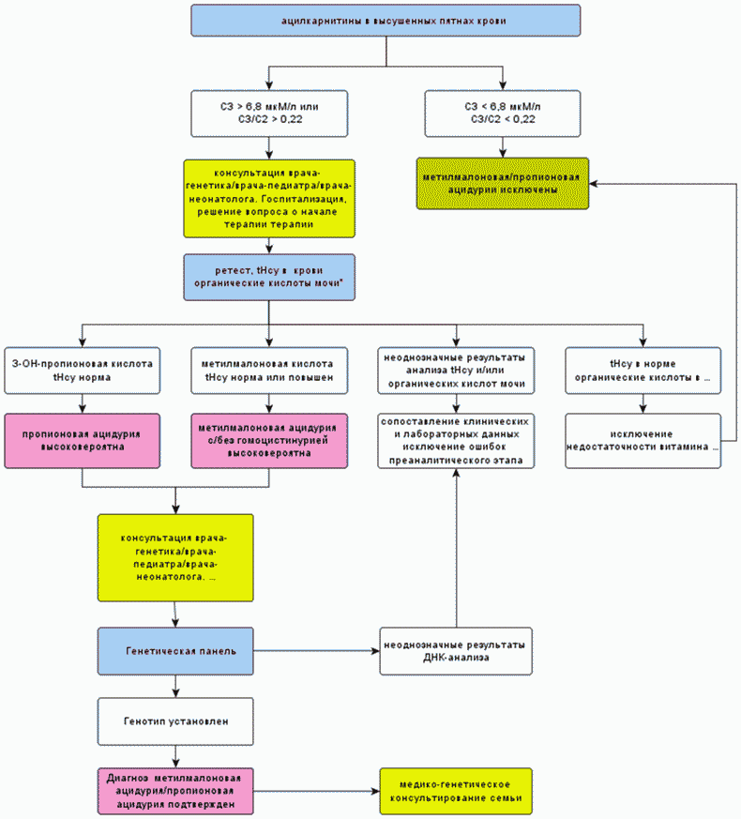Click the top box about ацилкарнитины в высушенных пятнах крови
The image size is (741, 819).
click(x=386, y=21)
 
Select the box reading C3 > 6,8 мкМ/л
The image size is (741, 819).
click(x=269, y=114)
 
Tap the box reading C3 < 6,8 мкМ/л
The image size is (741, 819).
click(x=503, y=114)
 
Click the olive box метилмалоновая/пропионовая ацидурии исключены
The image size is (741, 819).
click(x=503, y=183)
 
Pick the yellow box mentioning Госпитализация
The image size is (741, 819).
click(x=269, y=199)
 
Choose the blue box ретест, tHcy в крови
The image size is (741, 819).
click(x=269, y=277)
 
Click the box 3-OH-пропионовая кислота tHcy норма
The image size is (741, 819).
click(x=82, y=371)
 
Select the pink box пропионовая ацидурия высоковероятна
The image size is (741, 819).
click(x=82, y=441)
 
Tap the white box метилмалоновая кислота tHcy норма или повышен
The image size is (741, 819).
click(x=269, y=371)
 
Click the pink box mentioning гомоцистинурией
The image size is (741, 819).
click(x=269, y=441)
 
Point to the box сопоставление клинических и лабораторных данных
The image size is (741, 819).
click(x=456, y=441)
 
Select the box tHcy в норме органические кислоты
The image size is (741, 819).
click(x=643, y=371)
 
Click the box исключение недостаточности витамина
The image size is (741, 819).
click(x=643, y=441)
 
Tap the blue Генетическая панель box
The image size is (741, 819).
click(x=175, y=651)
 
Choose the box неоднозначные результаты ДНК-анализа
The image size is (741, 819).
click(x=456, y=651)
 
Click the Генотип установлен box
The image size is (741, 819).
click(x=175, y=721)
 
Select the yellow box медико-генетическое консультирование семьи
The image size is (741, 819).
click(x=456, y=791)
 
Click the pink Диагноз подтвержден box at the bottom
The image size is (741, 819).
click(x=175, y=791)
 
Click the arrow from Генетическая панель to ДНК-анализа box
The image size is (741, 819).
click(x=316, y=651)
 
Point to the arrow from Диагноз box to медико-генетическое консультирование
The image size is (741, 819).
click(x=316, y=791)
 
